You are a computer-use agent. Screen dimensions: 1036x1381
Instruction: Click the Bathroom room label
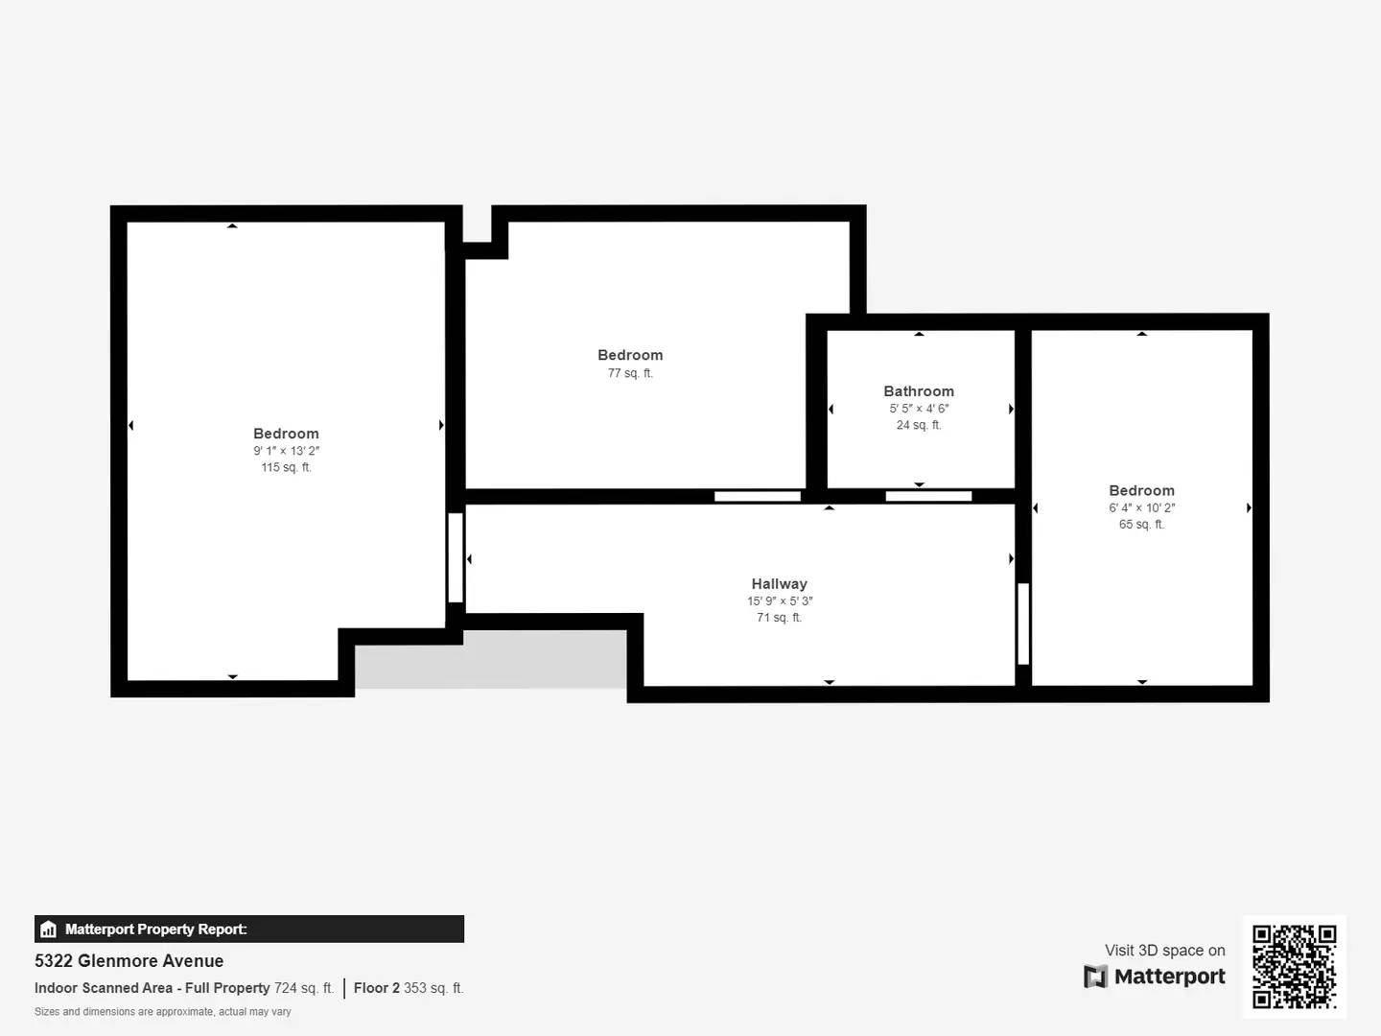pos(919,391)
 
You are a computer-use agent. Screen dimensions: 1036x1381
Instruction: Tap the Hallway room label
pos(779,584)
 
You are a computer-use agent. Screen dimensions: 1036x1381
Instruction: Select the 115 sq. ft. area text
pos(286,468)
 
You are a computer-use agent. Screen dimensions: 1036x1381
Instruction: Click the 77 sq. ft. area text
pos(630,374)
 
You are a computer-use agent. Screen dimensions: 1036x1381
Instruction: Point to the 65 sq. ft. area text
pos(1141,525)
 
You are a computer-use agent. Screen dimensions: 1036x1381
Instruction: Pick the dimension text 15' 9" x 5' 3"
pos(780,601)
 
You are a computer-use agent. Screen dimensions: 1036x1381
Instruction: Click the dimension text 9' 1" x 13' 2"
pos(286,451)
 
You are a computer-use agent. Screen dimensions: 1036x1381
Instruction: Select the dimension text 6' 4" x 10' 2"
pos(1141,508)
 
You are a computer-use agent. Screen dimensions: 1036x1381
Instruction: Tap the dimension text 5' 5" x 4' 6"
pos(919,409)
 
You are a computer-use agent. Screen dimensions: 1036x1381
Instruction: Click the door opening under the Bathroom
pos(928,496)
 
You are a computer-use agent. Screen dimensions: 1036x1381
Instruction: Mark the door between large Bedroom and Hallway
pos(456,557)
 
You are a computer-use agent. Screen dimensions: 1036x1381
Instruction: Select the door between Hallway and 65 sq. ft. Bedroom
pos(1023,624)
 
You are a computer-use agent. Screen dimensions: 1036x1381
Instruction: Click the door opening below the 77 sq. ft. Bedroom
pos(758,496)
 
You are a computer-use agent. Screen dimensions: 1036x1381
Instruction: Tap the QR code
pos(1294,966)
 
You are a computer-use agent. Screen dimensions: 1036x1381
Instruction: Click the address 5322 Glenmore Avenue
pos(129,961)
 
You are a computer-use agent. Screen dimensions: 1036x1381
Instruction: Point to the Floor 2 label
pos(376,988)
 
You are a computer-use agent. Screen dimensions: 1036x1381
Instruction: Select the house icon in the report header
pos(48,930)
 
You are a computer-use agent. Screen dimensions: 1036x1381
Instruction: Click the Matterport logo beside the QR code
pos(1155,977)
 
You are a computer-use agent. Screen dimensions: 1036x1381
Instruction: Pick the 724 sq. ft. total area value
pos(303,988)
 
